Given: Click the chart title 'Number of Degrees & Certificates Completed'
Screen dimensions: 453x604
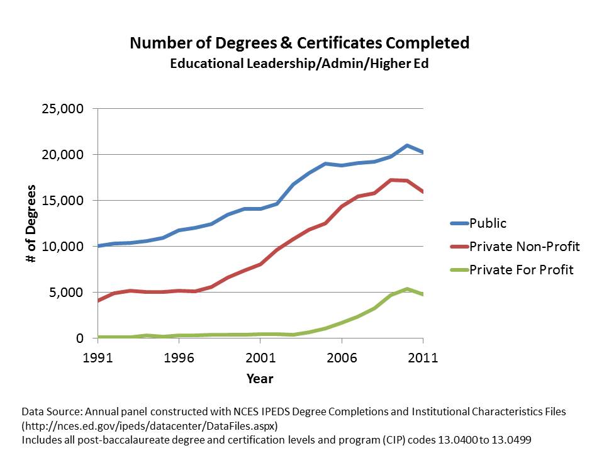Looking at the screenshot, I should [x=299, y=43].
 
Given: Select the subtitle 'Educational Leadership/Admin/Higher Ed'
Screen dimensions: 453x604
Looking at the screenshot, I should [x=299, y=64].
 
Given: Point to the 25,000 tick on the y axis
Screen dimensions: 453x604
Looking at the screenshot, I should [x=62, y=109].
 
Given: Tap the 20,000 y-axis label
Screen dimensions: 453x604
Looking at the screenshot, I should [x=62, y=155].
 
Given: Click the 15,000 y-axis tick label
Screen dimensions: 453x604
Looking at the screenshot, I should [x=62, y=201].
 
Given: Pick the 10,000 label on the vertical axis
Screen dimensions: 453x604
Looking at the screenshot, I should [x=62, y=247].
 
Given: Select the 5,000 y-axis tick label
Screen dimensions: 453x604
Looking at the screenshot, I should [x=66, y=293].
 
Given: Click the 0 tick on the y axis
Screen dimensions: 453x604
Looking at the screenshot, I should [x=79, y=338].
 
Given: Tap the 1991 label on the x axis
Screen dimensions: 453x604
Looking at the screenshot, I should [x=98, y=358].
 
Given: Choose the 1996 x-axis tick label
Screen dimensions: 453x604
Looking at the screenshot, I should [x=179, y=358].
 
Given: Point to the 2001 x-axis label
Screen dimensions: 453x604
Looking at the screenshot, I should [x=260, y=358].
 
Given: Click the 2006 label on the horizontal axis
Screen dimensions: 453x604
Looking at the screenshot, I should [x=341, y=358].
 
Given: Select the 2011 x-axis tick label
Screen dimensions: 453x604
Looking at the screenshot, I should [x=422, y=358].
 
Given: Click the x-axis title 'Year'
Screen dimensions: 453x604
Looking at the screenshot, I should [x=260, y=379].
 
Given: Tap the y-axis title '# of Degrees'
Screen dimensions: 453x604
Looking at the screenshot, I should [x=32, y=223].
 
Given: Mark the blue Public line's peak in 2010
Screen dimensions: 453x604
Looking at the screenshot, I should [x=406, y=145].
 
